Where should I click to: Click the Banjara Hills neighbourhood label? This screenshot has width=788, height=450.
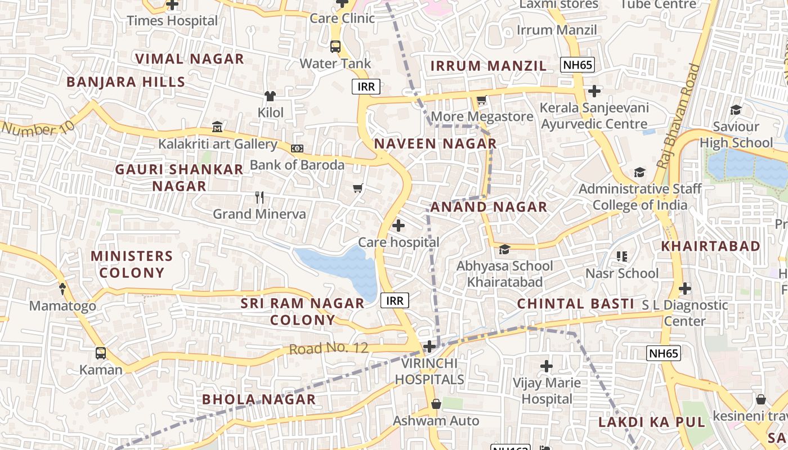[126, 82]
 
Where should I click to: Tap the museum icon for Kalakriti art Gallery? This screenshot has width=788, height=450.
[217, 127]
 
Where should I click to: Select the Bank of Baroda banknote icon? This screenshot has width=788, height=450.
[297, 148]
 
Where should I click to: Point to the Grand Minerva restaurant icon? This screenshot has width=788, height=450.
[259, 197]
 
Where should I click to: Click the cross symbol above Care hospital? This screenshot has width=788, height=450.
[399, 226]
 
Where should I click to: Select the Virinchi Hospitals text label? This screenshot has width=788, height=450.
[429, 371]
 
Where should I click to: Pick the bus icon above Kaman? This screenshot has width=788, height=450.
[101, 353]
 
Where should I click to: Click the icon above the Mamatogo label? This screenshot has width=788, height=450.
[62, 289]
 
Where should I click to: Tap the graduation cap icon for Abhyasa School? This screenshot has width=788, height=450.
[504, 249]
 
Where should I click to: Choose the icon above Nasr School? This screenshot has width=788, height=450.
[622, 257]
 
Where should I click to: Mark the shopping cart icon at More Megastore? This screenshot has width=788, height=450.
[481, 101]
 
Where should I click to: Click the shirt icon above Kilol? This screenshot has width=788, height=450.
[270, 96]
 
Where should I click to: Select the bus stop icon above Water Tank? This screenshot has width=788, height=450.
[335, 47]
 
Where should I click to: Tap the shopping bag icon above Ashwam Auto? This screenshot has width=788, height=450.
[436, 404]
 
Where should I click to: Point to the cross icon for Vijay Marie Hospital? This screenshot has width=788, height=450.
[547, 367]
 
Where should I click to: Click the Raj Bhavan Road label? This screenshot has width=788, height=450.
[679, 117]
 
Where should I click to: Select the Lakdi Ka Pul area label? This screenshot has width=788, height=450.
[651, 422]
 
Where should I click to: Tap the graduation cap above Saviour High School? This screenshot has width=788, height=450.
[736, 110]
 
